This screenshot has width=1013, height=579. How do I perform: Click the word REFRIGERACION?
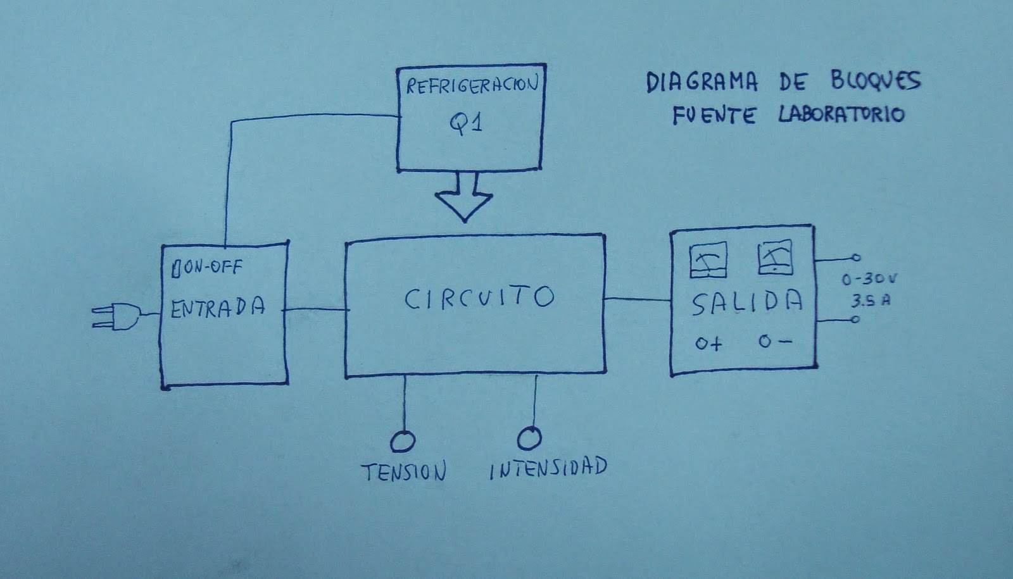tap(471, 85)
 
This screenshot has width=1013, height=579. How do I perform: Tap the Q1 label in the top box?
tap(466, 123)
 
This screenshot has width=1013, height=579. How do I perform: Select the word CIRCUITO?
tap(479, 298)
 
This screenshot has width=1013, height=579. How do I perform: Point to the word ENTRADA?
tap(218, 308)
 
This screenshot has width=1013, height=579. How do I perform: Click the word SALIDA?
tap(746, 304)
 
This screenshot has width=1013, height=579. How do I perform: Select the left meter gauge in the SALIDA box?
tap(707, 260)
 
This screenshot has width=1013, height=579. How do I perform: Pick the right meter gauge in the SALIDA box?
tap(775, 256)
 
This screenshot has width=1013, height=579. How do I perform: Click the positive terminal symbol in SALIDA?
tap(708, 344)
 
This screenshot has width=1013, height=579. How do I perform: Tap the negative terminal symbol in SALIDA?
tap(775, 342)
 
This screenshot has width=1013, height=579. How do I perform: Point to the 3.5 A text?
tap(870, 301)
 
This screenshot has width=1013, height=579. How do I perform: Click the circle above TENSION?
tap(403, 441)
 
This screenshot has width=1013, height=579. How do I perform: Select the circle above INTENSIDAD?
tap(530, 437)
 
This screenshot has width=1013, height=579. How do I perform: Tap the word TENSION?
tap(404, 471)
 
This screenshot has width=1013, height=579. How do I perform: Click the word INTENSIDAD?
tap(548, 468)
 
